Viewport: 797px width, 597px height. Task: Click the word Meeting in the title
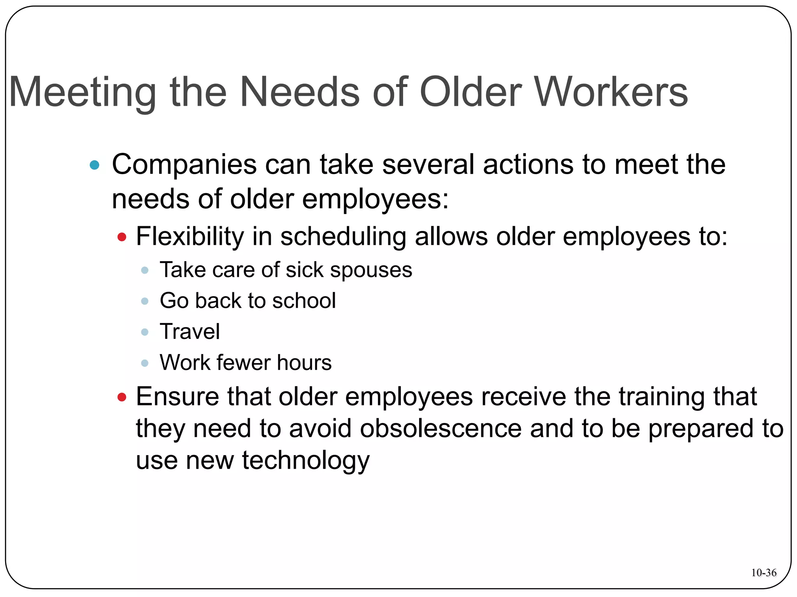[82, 93]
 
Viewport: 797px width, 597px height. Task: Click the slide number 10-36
[764, 573]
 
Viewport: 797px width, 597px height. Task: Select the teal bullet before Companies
[94, 165]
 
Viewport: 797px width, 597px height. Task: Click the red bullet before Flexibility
[122, 237]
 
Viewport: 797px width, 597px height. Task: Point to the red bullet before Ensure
[122, 397]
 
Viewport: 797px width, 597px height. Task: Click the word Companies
[184, 165]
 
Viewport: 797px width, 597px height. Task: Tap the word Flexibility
[190, 236]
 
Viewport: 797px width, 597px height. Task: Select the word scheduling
[343, 237]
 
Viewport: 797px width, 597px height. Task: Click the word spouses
[371, 271]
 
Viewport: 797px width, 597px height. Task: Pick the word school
[304, 300]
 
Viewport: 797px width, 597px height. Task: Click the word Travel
[190, 332]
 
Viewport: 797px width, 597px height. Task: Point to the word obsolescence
[441, 428]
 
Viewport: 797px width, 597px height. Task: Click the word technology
[305, 461]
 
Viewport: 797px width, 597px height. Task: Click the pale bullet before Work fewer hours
[145, 363]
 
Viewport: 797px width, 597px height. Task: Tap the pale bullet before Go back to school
[145, 301]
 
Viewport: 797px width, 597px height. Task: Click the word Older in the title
[470, 93]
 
